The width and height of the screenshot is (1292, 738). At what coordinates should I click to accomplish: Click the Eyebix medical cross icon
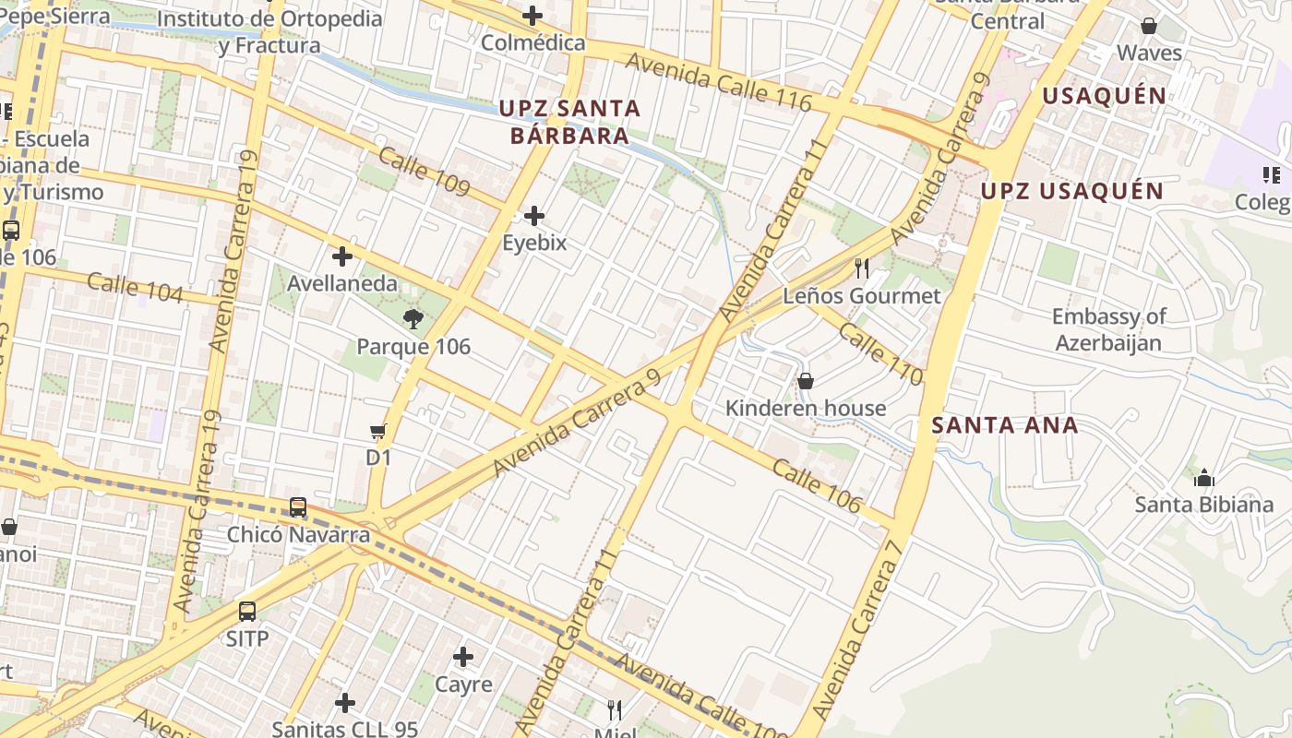click(x=533, y=217)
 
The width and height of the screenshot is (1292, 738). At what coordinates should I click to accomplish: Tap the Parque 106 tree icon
click(x=413, y=320)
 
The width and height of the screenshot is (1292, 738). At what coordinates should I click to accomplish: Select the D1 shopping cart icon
click(x=377, y=431)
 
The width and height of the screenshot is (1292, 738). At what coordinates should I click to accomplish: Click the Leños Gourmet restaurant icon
click(x=862, y=268)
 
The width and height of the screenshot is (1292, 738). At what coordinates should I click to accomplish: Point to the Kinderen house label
click(x=805, y=408)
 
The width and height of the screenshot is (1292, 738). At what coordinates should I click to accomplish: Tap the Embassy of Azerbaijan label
click(x=1108, y=329)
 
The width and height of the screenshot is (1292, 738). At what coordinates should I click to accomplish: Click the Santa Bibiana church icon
click(x=1203, y=478)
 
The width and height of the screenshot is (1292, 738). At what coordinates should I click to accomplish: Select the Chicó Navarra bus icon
click(x=298, y=506)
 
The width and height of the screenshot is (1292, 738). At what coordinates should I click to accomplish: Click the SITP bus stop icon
click(x=247, y=611)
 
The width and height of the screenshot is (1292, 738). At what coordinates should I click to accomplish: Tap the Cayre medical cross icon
click(x=463, y=657)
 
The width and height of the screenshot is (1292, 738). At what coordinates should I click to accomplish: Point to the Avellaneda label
click(x=342, y=283)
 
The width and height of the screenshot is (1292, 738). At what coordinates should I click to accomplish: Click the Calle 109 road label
click(x=425, y=172)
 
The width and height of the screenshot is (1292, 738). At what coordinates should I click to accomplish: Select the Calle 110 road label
click(x=880, y=354)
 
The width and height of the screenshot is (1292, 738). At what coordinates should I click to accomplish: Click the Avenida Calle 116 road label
click(x=719, y=83)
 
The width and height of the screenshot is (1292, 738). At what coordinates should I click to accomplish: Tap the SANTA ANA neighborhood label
click(x=1004, y=425)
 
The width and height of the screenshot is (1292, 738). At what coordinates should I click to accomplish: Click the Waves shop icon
click(x=1149, y=26)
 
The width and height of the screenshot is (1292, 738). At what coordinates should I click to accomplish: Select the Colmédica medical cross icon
click(x=532, y=16)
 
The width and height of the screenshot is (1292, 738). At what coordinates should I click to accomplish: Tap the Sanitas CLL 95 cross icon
click(x=345, y=703)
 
